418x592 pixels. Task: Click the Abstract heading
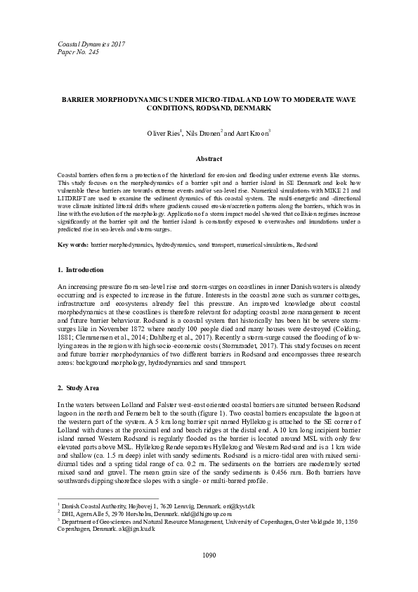[209, 160]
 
